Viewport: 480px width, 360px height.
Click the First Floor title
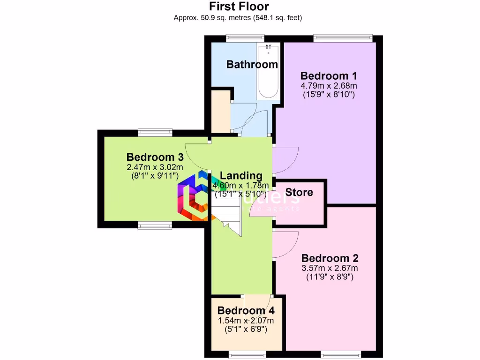pos(239,7)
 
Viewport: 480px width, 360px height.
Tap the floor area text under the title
pos(238,18)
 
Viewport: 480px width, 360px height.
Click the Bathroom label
pos(252,64)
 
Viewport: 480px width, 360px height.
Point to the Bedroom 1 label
pos(329,76)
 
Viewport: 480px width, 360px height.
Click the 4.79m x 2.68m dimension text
pos(329,86)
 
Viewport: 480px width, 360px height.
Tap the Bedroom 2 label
pos(330,258)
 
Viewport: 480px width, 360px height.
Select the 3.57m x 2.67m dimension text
pos(330,268)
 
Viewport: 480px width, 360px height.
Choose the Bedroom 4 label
pos(246,310)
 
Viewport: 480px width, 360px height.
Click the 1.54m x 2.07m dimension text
pos(246,321)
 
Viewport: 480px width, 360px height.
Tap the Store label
pos(299,192)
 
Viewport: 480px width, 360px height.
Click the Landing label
pos(241,176)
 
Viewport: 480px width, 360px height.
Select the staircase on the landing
pos(228,213)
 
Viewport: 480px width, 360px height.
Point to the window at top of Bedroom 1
pos(343,38)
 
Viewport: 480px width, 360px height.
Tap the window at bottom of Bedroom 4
pos(247,353)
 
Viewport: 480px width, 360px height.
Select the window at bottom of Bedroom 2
pos(341,353)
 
